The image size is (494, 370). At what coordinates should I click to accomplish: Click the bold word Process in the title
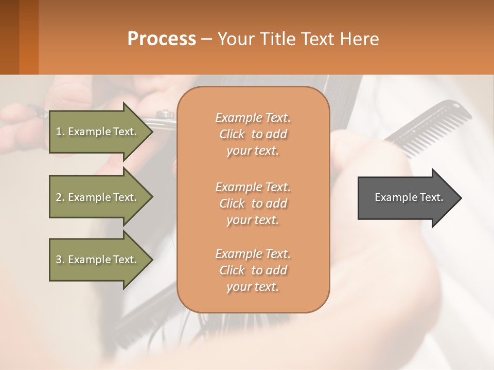[x=162, y=39]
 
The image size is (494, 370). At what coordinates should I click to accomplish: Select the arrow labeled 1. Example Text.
[x=98, y=132]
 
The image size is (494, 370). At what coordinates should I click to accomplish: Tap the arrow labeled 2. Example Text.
[x=98, y=197]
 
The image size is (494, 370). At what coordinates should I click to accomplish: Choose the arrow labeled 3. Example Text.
[x=98, y=260]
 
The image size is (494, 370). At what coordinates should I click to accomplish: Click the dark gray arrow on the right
[x=407, y=198]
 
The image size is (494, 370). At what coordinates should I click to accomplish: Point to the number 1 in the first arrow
[x=59, y=132]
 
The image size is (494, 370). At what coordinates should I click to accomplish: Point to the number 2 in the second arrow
[x=59, y=197]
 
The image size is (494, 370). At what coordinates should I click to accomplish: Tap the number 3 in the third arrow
[x=59, y=260]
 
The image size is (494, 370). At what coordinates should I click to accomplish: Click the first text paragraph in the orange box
[x=253, y=134]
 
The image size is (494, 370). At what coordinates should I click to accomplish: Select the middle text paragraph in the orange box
[x=253, y=203]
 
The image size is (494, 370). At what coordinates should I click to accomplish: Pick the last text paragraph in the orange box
[x=253, y=270]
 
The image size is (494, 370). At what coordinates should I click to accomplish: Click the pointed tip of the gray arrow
[x=461, y=198]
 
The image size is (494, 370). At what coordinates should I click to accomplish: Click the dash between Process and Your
[x=207, y=40]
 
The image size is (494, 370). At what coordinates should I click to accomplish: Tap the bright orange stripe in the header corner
[x=29, y=37]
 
